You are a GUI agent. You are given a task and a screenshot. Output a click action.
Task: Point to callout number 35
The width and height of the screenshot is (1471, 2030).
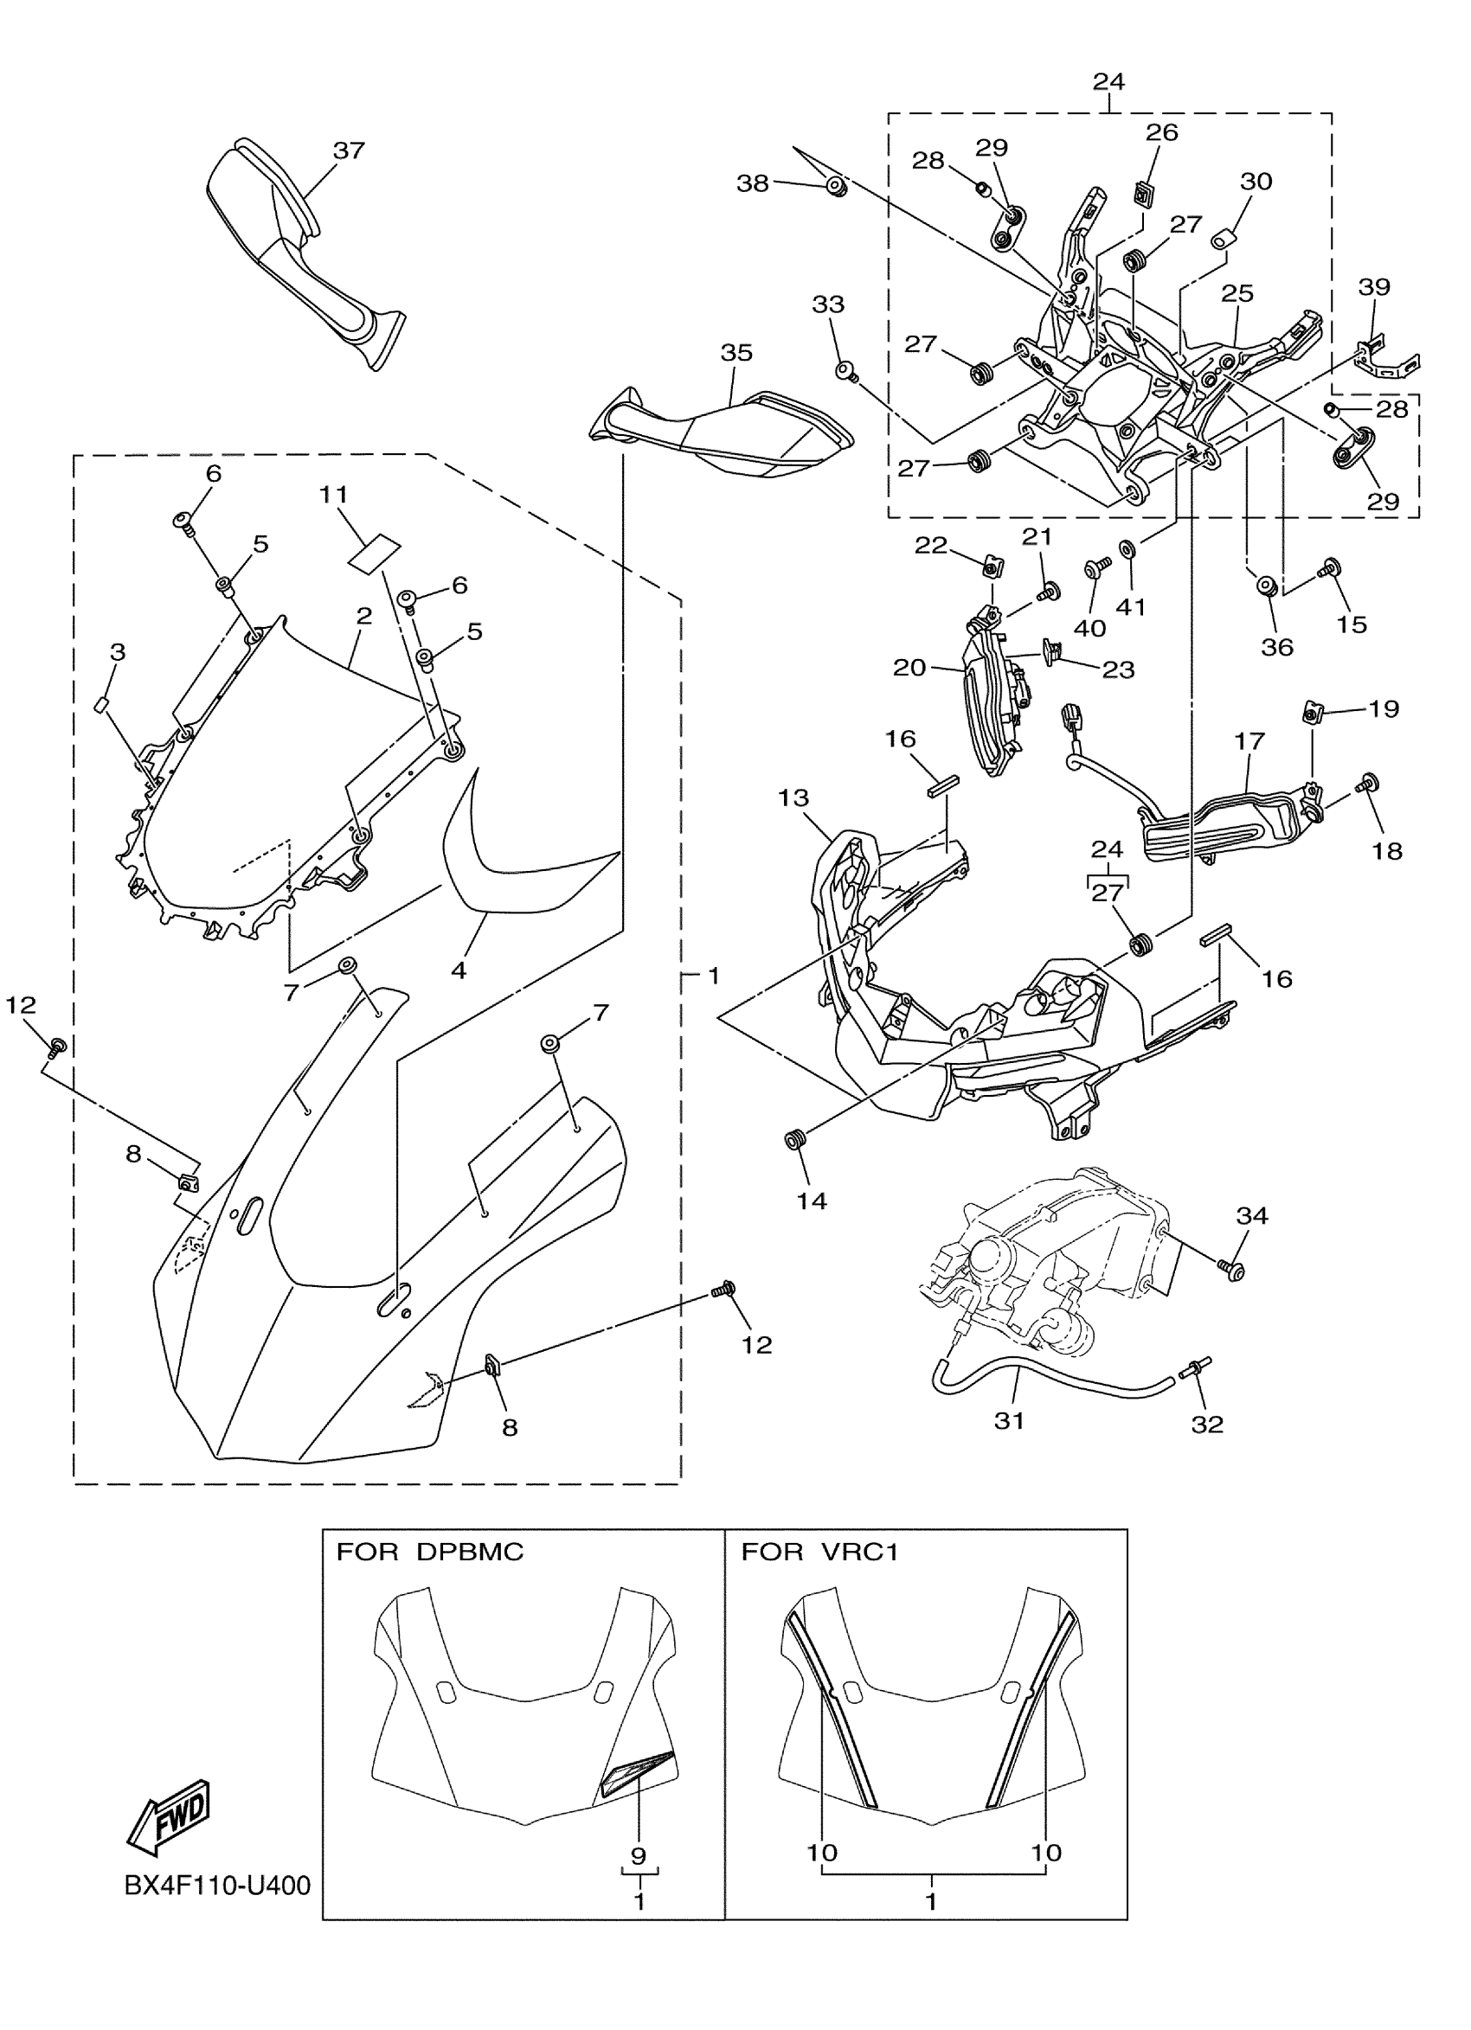[736, 353]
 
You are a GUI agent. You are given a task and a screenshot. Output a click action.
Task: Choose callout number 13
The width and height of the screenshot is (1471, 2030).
[793, 797]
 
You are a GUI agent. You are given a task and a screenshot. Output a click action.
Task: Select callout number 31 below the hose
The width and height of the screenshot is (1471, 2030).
[1009, 1420]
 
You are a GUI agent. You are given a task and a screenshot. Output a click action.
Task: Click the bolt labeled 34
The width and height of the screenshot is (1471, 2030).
[1230, 1267]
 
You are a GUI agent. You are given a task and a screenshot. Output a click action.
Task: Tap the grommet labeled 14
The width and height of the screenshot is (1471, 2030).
[793, 1139]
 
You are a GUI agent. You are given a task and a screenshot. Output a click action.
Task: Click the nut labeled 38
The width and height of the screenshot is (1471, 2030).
[836, 187]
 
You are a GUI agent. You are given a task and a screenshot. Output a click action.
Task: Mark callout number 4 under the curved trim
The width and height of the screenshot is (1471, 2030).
[459, 970]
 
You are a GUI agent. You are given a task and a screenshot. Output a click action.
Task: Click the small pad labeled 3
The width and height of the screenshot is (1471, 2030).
[100, 704]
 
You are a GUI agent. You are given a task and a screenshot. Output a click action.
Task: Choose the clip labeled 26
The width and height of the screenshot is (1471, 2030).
[1143, 191]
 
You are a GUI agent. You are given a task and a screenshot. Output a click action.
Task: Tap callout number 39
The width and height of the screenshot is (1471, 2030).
[1373, 286]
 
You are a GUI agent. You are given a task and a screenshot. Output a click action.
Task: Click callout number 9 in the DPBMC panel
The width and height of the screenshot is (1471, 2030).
[639, 1857]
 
